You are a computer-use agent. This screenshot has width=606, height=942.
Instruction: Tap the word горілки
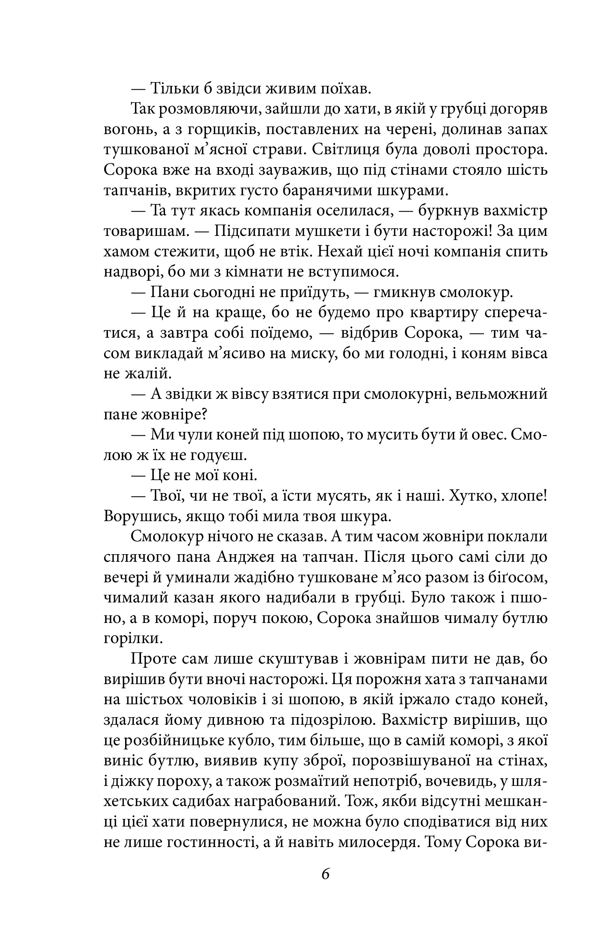[133, 639]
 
